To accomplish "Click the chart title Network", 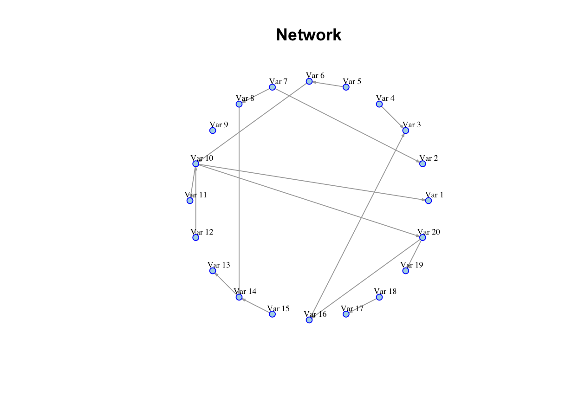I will pos(309,35).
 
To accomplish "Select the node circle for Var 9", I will pos(213,131).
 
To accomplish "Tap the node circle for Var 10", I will pos(196,164).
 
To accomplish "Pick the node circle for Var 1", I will pos(428,201).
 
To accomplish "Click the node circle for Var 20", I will pos(422,237).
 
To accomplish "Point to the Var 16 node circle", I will pos(309,320).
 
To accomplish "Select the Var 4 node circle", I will pos(379,104).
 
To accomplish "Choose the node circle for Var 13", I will pos(213,271).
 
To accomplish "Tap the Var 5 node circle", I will pos(346,87).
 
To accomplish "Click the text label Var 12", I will pos(202,232).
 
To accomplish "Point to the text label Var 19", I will pos(412,265).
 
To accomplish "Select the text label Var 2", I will pos(429,158).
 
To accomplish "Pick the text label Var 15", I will pos(278,308).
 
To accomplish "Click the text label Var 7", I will pos(278,81).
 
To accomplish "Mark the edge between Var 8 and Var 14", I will pos(239,200).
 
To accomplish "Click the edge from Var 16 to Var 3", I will pos(357,225).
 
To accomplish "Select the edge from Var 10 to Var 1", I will pos(311,182).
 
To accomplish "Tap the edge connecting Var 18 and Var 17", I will pos(363,305).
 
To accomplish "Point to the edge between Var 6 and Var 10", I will pos(253,123).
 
